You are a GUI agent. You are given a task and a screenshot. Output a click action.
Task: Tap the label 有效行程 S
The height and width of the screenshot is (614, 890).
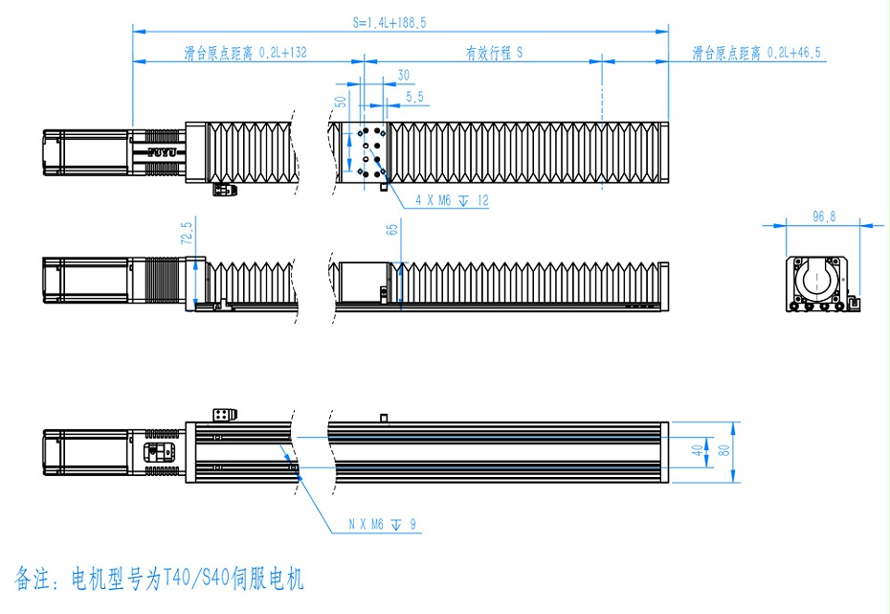click(494, 54)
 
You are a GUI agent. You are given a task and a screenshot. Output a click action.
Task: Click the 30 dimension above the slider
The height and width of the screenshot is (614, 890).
click(403, 75)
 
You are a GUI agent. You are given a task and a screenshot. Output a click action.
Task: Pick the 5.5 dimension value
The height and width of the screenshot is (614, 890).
click(414, 97)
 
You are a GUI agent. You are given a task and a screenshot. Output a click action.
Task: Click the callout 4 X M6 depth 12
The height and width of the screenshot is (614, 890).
click(452, 201)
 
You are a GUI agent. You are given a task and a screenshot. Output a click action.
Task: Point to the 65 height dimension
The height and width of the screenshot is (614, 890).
click(390, 231)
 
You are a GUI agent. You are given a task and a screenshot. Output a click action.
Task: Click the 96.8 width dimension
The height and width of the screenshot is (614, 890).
click(823, 217)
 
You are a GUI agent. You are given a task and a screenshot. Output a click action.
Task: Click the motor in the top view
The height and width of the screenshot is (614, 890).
click(86, 151)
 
